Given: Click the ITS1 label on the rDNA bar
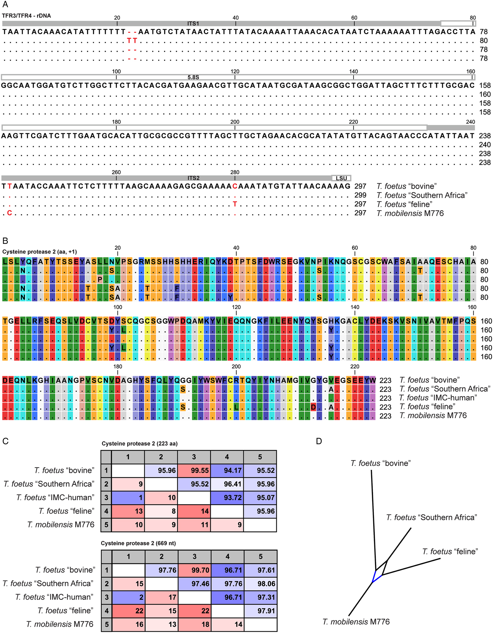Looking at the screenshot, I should (x=193, y=24).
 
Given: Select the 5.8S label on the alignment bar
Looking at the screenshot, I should (x=193, y=77).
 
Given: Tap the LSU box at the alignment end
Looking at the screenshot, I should (x=341, y=178).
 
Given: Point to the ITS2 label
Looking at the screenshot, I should (x=193, y=178).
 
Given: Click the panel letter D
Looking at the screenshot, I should (x=319, y=441).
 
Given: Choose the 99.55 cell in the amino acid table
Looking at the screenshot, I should (x=194, y=471).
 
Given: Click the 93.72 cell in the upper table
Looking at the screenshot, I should (x=227, y=498).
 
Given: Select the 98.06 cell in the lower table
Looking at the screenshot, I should (x=261, y=584).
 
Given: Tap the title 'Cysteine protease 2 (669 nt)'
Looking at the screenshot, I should (x=138, y=543).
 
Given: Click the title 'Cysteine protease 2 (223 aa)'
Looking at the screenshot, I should (x=139, y=443).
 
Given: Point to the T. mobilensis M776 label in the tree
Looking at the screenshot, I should (x=356, y=622).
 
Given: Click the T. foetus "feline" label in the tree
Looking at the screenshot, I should (x=450, y=552).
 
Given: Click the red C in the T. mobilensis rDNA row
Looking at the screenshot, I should (x=10, y=213).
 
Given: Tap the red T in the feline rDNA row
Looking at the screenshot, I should (x=235, y=204).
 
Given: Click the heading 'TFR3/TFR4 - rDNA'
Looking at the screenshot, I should (x=26, y=16).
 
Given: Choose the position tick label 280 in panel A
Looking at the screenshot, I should (x=235, y=172).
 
